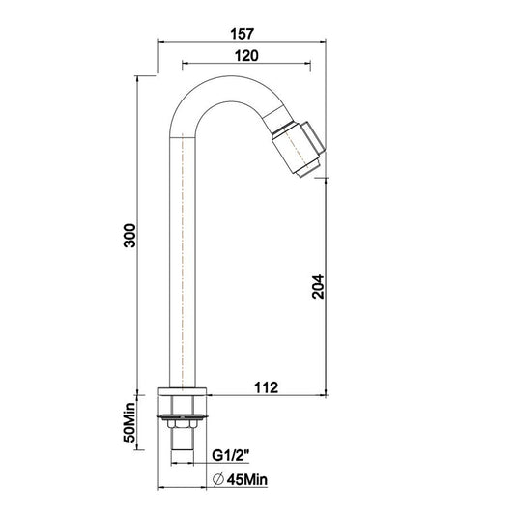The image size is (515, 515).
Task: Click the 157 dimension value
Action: tap(243, 34)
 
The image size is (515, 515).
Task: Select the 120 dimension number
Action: tap(246, 55)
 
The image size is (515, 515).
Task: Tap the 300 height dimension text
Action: tap(129, 236)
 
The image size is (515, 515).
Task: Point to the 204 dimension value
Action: tap(318, 286)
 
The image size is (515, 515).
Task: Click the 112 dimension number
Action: tap(266, 387)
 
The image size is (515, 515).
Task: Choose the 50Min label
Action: tap(129, 422)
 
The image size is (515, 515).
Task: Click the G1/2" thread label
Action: tap(231, 455)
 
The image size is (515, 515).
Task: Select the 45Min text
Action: tap(247, 480)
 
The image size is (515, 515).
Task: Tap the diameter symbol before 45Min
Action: tap(218, 480)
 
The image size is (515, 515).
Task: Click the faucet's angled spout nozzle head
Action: tap(299, 149)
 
